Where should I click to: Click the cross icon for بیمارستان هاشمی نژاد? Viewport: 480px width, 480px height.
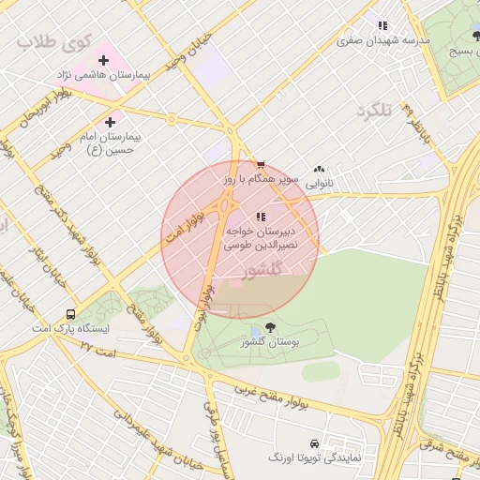click(x=103, y=60)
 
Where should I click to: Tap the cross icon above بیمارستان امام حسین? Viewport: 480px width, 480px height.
click(x=111, y=122)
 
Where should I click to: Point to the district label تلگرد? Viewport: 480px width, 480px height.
click(x=372, y=111)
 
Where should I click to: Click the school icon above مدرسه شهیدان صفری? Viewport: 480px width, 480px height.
click(x=382, y=25)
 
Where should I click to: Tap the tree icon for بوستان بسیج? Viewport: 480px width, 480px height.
click(x=476, y=36)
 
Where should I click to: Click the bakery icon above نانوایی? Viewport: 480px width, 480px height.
click(x=320, y=170)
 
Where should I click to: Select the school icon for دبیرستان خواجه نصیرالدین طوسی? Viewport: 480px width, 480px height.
click(x=260, y=217)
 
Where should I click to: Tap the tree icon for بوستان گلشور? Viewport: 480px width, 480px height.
click(x=270, y=327)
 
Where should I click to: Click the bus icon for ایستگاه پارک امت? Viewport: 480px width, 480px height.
click(x=71, y=315)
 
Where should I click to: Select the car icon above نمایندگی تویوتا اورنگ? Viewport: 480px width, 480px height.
click(x=313, y=442)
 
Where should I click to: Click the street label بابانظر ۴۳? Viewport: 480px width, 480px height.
click(x=412, y=123)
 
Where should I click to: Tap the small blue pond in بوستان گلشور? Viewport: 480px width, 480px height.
click(x=255, y=334)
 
